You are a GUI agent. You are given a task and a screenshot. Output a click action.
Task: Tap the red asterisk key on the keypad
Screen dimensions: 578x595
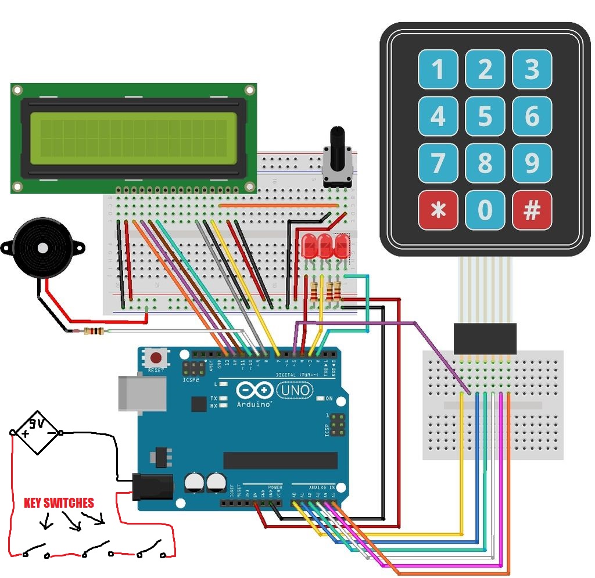[x=438, y=211]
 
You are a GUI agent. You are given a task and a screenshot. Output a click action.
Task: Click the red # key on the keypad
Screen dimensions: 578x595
[x=532, y=211]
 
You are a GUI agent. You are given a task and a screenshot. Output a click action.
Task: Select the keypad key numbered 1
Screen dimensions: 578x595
[x=438, y=70]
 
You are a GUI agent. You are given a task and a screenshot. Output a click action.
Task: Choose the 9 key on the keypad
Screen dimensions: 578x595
[x=532, y=164]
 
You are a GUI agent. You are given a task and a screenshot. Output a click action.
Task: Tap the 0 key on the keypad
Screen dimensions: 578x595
[x=485, y=211]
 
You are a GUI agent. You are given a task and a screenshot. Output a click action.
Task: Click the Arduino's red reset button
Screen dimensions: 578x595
[x=156, y=356]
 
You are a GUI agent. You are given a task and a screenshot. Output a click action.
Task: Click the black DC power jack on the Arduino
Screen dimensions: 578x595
[x=152, y=487]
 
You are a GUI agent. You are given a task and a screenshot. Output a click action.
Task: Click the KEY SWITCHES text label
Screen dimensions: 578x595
[x=58, y=503]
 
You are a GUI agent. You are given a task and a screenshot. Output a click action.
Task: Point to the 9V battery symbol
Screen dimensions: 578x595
[x=37, y=432]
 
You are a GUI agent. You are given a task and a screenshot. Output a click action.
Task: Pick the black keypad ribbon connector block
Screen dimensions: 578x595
[x=485, y=339]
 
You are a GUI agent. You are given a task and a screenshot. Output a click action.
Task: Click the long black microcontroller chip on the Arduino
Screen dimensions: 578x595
[x=280, y=460]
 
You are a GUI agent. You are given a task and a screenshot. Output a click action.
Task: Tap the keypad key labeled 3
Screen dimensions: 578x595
[x=532, y=70]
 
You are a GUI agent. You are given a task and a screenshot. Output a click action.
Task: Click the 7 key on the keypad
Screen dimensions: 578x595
[x=438, y=164]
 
